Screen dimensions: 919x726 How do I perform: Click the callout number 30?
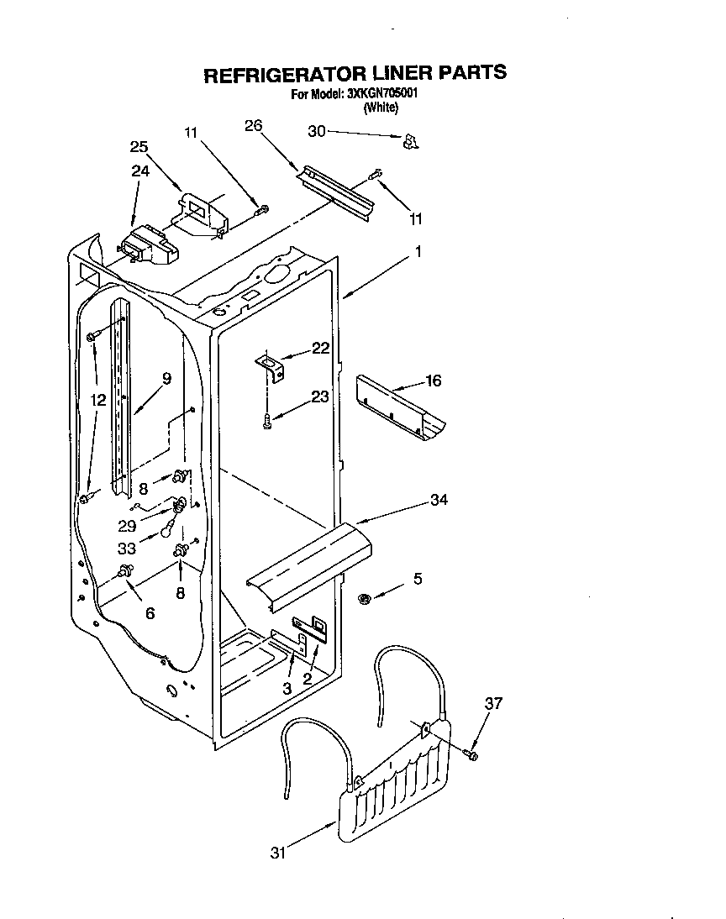(316, 131)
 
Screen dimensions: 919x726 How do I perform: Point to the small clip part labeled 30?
(410, 143)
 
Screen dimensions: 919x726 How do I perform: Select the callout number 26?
(253, 125)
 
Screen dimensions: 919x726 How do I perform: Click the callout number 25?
(139, 146)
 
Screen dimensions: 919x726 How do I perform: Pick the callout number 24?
(139, 171)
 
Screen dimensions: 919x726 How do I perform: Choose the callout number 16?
(433, 381)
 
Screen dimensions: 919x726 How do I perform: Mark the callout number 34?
(438, 500)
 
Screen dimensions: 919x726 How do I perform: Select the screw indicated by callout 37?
(471, 755)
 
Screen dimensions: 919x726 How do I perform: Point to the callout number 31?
(278, 853)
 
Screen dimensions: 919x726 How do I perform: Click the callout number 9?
(166, 378)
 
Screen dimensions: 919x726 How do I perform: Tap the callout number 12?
(98, 401)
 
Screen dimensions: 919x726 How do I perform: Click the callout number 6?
(150, 613)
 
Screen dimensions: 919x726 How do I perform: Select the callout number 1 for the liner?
(418, 251)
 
